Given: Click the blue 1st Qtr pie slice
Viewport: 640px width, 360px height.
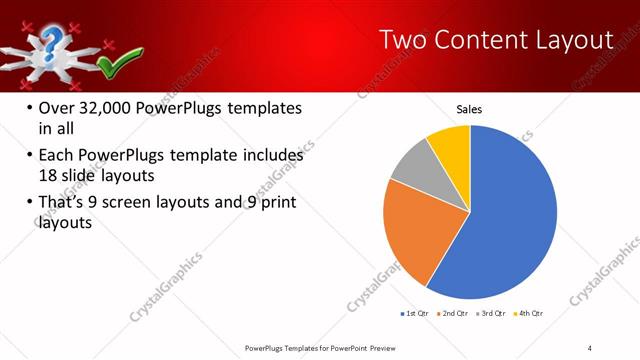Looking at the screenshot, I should tap(505, 220).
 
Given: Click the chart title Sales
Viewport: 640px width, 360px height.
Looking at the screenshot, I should tap(469, 109).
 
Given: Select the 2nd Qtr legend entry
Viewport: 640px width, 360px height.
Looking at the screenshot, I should tap(456, 313).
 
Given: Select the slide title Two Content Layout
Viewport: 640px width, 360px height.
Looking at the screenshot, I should tap(496, 40).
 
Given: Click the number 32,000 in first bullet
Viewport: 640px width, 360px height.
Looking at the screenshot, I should tap(110, 108).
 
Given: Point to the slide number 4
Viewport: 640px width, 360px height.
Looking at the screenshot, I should tap(590, 347).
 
